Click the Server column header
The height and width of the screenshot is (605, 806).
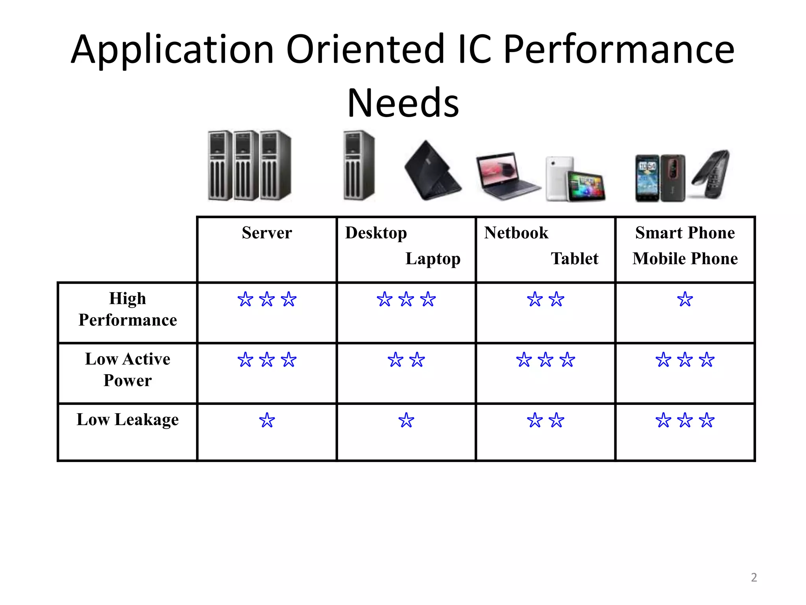267,233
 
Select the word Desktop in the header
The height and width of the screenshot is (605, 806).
376,233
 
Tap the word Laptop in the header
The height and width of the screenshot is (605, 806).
433,259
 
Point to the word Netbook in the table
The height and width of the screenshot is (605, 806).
516,233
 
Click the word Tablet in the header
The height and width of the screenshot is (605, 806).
574,259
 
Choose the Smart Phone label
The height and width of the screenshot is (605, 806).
685,233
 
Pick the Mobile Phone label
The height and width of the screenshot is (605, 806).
685,259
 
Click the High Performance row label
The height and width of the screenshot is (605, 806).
128,309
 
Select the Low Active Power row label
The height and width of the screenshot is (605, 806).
128,370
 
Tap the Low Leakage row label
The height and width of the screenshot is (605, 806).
128,419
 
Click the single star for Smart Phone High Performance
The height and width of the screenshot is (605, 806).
685,300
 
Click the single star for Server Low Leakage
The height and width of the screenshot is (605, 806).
267,421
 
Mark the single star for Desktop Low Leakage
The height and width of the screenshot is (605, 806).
406,421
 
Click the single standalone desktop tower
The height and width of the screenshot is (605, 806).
359,165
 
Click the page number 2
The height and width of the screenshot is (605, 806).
754,577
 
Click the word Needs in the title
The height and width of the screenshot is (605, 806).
403,103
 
